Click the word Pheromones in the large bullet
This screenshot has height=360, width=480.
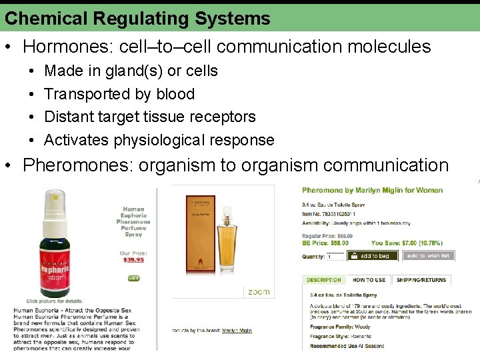(79, 165)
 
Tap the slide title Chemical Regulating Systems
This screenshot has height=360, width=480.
(137, 18)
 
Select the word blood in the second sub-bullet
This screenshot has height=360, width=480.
(175, 94)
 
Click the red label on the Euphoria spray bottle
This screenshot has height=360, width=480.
(65, 257)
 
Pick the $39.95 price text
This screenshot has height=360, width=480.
(133, 260)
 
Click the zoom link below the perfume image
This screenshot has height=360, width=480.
(259, 292)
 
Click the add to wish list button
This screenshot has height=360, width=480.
(428, 256)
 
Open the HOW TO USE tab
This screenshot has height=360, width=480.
(369, 280)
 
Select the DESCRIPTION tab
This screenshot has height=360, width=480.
(324, 280)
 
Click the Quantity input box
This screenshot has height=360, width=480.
(333, 257)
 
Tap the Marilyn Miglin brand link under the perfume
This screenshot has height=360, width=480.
(237, 330)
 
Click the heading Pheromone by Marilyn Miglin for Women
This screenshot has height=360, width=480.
(372, 191)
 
